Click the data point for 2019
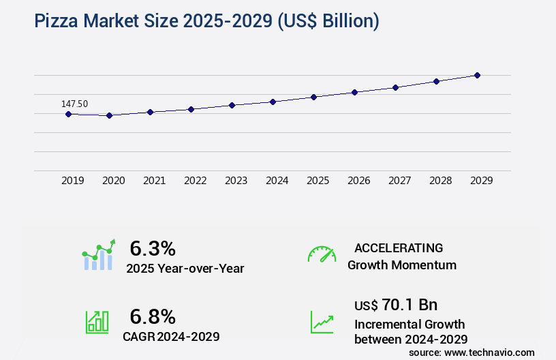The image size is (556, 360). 68,114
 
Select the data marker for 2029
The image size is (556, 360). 477,75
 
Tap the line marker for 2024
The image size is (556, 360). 273,102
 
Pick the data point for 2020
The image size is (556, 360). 109,116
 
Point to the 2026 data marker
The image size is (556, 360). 354,92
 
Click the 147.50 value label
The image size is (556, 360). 74,104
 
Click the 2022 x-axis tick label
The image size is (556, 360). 195,181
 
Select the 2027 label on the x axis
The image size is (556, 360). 399,181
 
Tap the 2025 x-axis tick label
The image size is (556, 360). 318,181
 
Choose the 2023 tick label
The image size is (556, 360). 236,181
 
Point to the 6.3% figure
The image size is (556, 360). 153,249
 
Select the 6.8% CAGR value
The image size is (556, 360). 153,316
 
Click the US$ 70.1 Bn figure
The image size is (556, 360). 396,305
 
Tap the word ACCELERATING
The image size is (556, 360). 399,248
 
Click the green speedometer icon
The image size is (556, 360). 322,254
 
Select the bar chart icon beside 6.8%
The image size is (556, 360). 97,322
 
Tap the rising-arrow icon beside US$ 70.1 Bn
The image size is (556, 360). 322,322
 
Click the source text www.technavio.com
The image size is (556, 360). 489,352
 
